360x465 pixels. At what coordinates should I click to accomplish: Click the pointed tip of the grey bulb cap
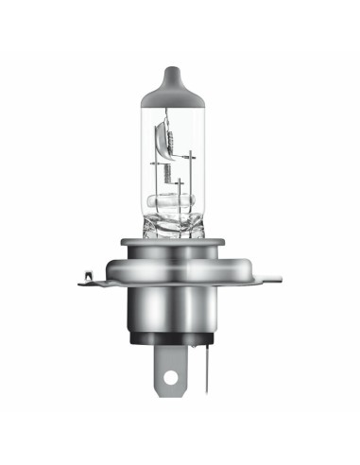tap(179, 68)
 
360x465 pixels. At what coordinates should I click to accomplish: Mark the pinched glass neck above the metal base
tap(178, 227)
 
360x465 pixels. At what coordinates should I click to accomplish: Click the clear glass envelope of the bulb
tap(151, 161)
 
